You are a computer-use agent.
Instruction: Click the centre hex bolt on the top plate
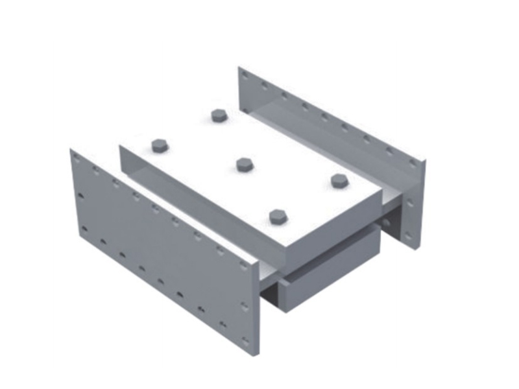click(244, 164)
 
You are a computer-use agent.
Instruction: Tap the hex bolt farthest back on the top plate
click(218, 115)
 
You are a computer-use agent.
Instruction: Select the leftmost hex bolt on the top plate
click(159, 145)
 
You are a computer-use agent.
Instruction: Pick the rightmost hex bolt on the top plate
click(338, 180)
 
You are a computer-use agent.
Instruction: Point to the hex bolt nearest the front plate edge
click(278, 216)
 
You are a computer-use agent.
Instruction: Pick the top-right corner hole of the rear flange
click(411, 164)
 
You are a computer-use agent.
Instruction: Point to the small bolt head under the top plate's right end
click(387, 222)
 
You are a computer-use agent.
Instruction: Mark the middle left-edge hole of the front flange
click(80, 194)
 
